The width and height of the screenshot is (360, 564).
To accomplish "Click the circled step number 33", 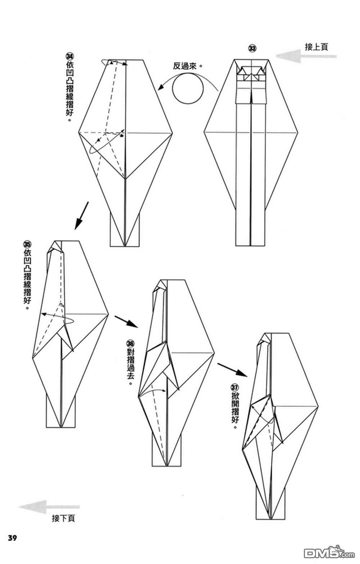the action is [x=252, y=48].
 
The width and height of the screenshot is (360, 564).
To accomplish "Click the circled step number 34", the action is [x=69, y=56].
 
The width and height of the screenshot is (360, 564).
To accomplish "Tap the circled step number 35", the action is [x=27, y=244].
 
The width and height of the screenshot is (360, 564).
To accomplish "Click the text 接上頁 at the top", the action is [x=316, y=47].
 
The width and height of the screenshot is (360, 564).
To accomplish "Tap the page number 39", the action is [x=12, y=538].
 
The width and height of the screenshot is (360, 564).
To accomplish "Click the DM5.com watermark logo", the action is [x=329, y=553].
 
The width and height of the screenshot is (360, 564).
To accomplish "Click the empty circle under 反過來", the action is [x=188, y=89].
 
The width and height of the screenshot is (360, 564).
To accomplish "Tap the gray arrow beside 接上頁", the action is [x=306, y=56].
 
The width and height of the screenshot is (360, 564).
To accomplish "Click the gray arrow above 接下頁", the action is [x=49, y=507].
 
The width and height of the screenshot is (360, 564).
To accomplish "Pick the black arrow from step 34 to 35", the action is [x=82, y=215].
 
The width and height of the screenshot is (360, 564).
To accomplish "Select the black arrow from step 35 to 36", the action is [x=126, y=321].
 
